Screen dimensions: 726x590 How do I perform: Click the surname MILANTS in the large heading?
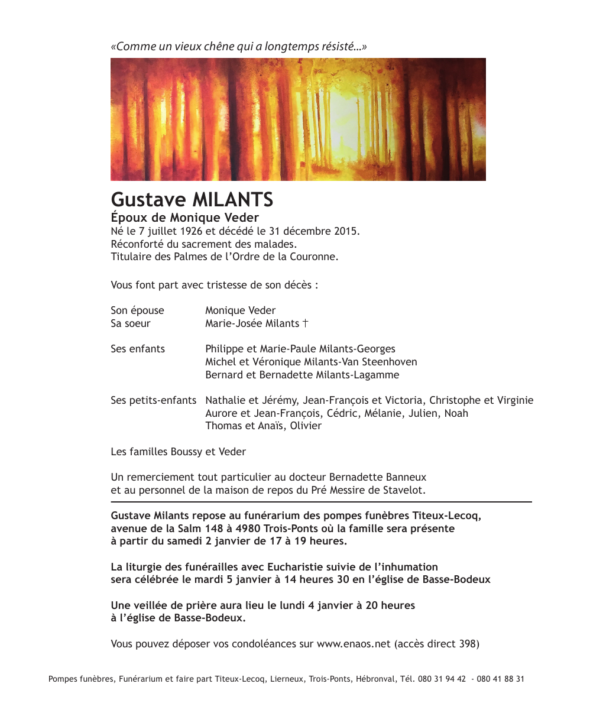pos(233,200)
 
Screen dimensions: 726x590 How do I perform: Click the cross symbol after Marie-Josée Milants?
pos(305,323)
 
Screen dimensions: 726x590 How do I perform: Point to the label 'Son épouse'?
pos(137,311)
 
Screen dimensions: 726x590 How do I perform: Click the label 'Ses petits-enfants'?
pos(153,401)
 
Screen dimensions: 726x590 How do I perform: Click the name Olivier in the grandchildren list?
pos(306,426)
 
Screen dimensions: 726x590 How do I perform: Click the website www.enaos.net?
pos(354,644)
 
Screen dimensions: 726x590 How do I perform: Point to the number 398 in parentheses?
pos(467,644)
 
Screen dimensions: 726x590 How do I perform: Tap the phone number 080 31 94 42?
pos(442,679)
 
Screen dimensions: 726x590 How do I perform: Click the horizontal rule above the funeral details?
pos(321,502)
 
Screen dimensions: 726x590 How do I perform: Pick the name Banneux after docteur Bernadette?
pos(405,477)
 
